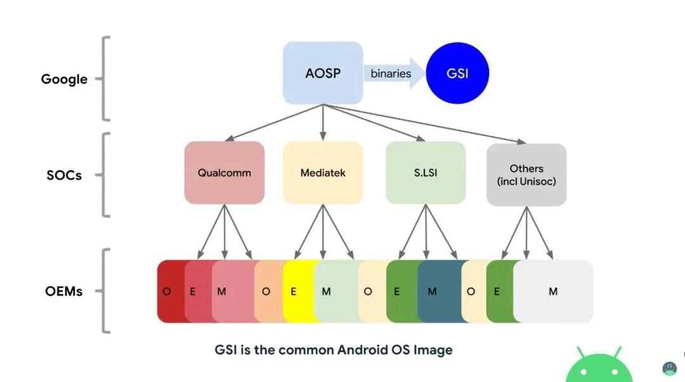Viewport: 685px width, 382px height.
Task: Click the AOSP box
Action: pos(323,73)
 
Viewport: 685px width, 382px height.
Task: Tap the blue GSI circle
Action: pos(457,73)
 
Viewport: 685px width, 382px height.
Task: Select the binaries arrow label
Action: pos(391,73)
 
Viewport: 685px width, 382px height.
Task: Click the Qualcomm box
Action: pos(224,172)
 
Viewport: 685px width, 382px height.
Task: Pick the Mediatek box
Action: pos(323,172)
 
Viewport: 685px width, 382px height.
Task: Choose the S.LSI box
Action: pos(426,172)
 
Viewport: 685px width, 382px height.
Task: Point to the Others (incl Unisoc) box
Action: pos(526,174)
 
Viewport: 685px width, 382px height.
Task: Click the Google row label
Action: pos(64,79)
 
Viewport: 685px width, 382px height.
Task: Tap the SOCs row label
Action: pos(64,175)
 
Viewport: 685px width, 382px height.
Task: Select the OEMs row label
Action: pos(64,292)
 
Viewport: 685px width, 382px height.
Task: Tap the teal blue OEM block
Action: pos(438,292)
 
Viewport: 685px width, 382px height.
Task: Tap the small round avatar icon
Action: pos(669,368)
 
